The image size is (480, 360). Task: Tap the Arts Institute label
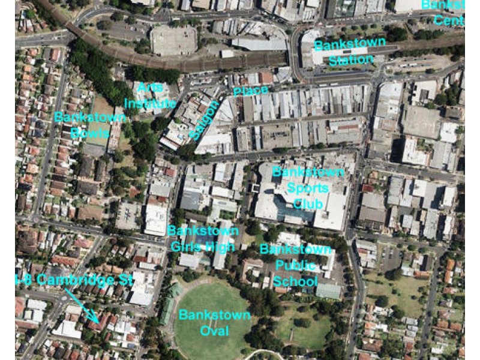150,95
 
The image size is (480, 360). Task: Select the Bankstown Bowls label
90,124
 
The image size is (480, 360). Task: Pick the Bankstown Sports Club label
309,188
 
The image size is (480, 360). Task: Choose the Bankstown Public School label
295,265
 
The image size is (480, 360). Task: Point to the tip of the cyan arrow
96,321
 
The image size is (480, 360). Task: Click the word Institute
150,103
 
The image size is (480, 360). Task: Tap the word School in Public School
295,281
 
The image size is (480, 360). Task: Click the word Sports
308,188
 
